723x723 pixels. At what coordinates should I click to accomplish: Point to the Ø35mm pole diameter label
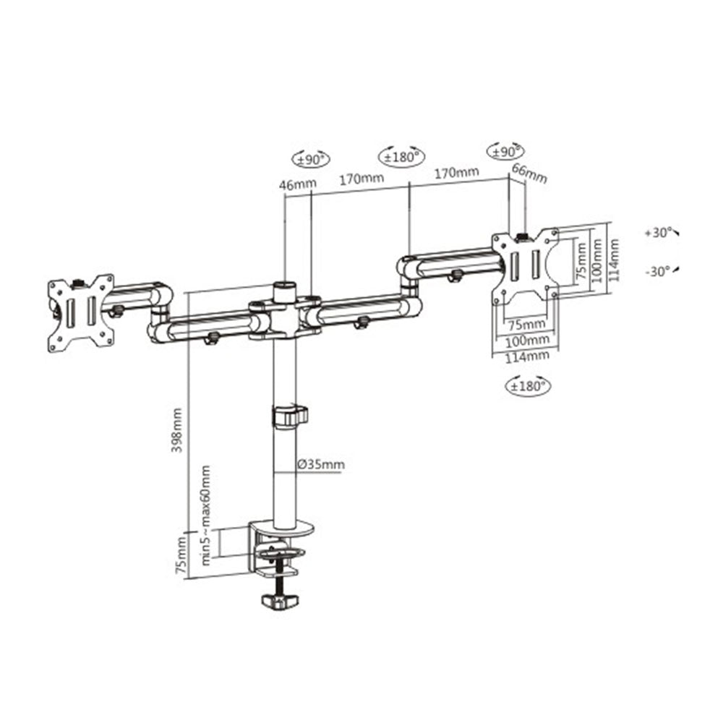(320, 464)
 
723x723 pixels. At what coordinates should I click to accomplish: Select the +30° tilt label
(659, 234)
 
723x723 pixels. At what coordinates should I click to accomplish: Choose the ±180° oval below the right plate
(526, 386)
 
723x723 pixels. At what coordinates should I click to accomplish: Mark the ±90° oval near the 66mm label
(507, 150)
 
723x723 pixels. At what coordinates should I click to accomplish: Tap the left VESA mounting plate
(80, 313)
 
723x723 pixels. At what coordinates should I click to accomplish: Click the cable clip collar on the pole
(289, 416)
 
